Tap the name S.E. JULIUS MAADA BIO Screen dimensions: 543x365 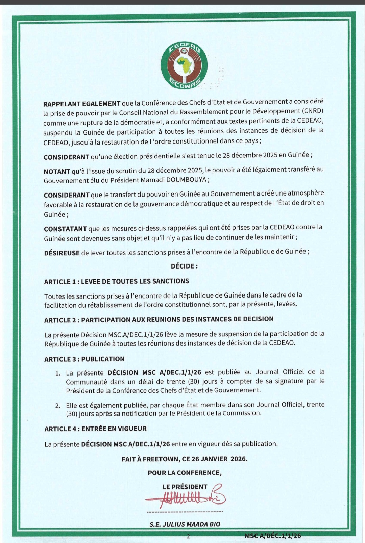(x=185, y=524)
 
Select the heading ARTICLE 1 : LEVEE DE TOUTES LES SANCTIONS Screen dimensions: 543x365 (x=117, y=281)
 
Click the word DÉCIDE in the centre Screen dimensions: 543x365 (x=184, y=266)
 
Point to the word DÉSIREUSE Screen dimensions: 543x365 (x=62, y=253)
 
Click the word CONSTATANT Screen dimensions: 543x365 (x=65, y=229)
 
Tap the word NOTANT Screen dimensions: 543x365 (x=57, y=172)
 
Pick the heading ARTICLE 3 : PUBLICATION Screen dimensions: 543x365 (x=84, y=359)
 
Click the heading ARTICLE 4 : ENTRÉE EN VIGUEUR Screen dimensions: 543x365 (x=95, y=429)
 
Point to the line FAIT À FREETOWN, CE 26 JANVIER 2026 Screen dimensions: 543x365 (x=185, y=459)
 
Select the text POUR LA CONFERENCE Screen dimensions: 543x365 (x=185, y=473)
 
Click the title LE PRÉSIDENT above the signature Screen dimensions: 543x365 (x=185, y=487)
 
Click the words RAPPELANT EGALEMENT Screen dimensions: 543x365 (x=82, y=104)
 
